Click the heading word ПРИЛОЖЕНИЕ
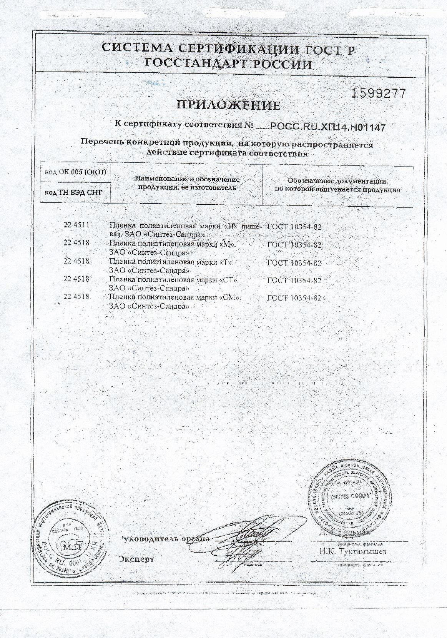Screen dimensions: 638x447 coord(228,105)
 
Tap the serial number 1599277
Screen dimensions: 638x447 coord(379,94)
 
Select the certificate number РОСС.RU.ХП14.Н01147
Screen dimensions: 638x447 coord(328,126)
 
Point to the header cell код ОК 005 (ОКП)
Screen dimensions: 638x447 coord(75,172)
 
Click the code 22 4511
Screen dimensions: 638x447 coord(76,225)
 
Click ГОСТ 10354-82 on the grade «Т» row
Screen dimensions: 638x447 coord(294,263)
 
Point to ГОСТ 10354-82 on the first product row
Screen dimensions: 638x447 coord(294,227)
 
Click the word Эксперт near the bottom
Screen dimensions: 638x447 coord(136,559)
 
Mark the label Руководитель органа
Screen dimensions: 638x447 coord(166,538)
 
